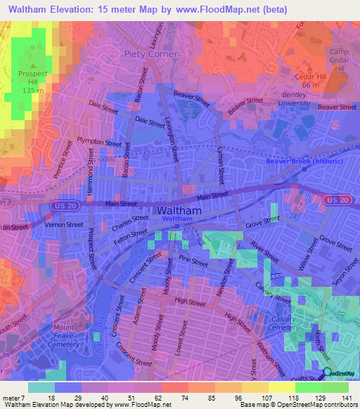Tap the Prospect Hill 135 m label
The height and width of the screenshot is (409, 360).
(32, 81)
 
